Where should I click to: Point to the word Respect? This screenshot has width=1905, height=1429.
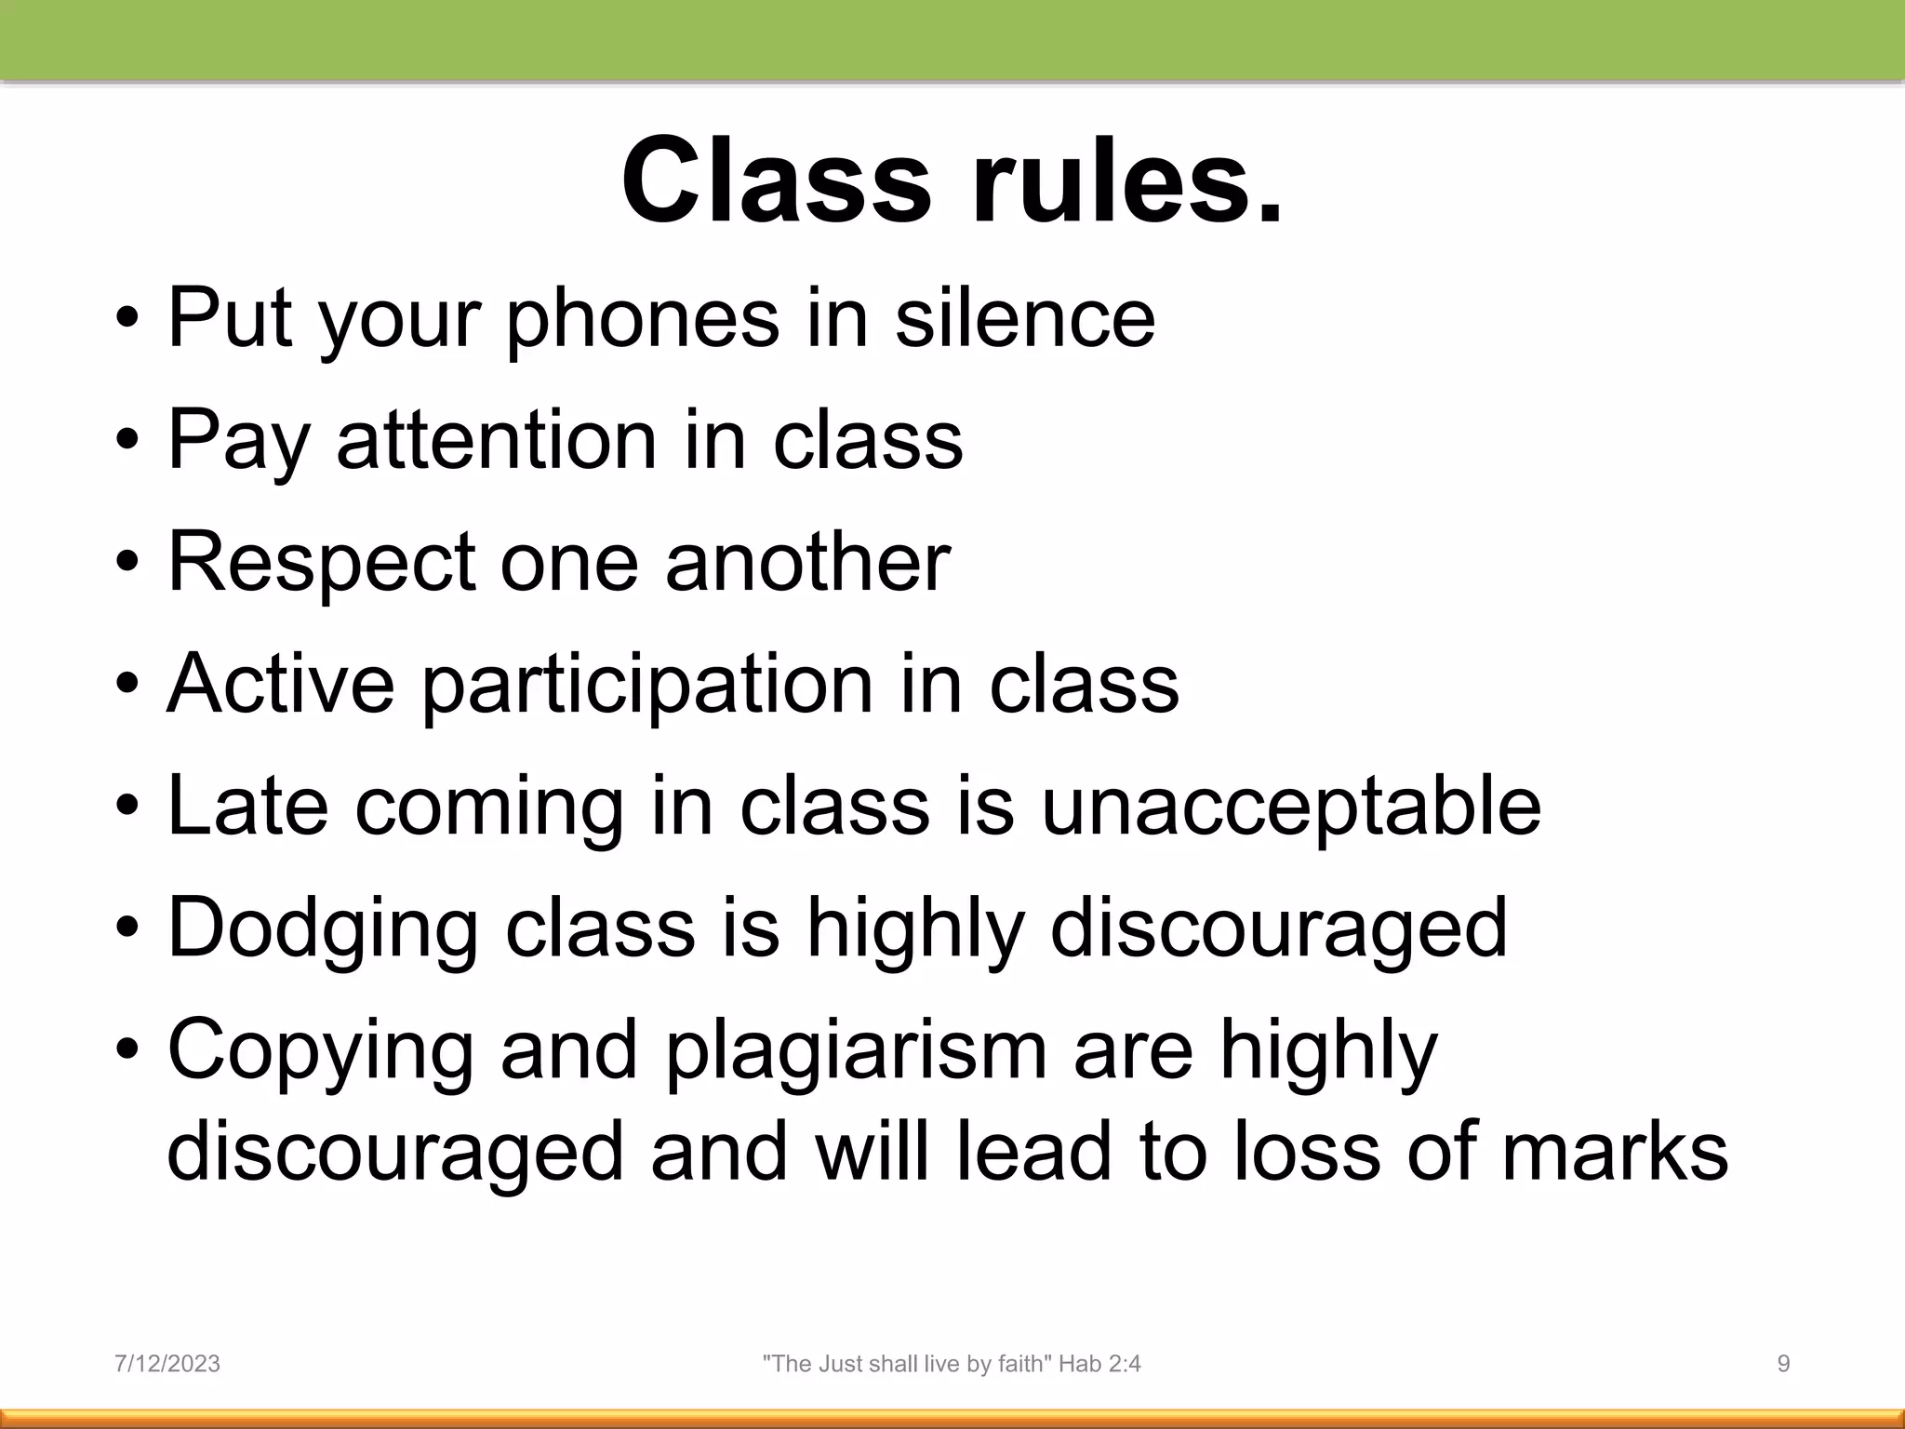(321, 563)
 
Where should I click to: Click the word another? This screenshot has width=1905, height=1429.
(807, 563)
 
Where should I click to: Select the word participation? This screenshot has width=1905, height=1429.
(647, 686)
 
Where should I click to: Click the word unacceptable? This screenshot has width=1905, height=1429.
(1290, 807)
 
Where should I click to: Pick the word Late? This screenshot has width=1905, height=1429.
(247, 807)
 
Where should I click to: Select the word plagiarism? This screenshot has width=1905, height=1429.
(856, 1051)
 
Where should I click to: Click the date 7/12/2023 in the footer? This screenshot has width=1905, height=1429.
(167, 1364)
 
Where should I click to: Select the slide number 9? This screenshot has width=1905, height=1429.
(1783, 1364)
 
